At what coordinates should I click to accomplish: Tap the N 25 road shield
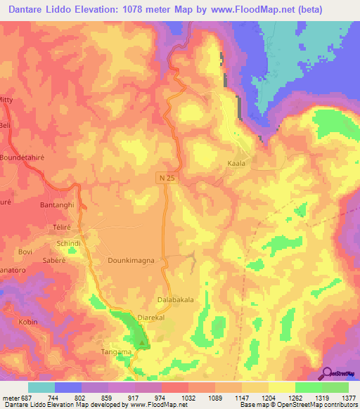pos(166,180)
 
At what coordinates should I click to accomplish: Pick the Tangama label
pos(116,352)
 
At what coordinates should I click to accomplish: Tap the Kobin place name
pos(28,321)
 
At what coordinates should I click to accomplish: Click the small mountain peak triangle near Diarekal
pos(143,344)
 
